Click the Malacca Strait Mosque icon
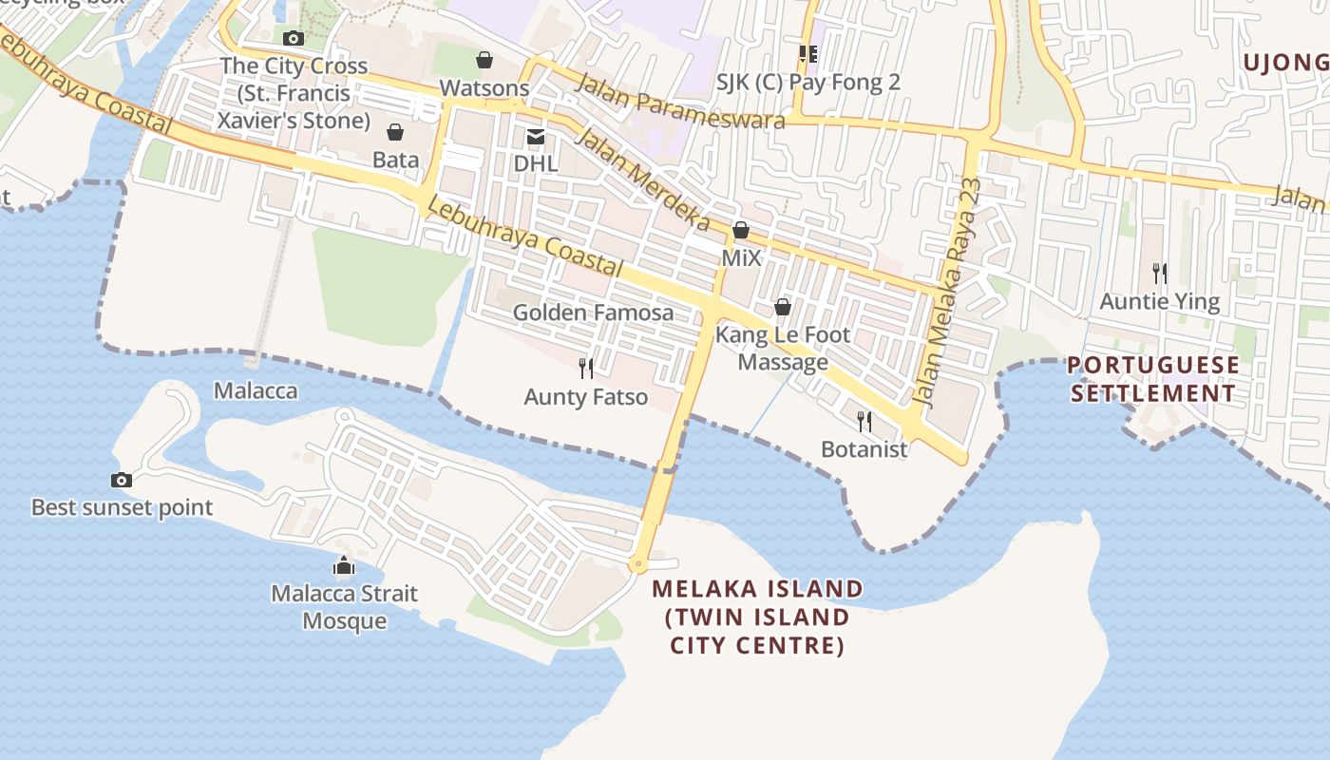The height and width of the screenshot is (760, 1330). (344, 566)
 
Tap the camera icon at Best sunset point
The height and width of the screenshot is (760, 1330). (122, 480)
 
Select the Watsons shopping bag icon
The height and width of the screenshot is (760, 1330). (484, 61)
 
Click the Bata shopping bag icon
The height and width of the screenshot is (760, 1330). (395, 132)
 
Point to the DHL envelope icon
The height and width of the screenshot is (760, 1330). (536, 137)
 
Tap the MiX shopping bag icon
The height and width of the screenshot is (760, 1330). (741, 230)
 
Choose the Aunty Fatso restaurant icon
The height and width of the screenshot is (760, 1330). (586, 369)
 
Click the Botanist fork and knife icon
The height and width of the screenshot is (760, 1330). (864, 421)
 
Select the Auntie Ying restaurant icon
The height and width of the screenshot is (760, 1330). (1159, 274)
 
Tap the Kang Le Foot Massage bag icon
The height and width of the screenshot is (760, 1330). (783, 307)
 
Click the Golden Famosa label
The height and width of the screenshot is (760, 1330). (593, 313)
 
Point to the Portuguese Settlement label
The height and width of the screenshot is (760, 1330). (1153, 379)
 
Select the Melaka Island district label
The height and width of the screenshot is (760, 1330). (757, 617)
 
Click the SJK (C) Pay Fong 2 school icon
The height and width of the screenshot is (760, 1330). (808, 54)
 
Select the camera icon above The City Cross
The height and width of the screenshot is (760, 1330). (294, 38)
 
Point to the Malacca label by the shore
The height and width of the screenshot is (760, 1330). (256, 390)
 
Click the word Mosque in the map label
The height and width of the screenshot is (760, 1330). (345, 621)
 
